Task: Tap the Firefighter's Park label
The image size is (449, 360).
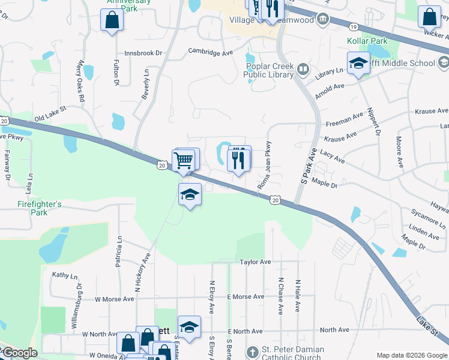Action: [x=38, y=208]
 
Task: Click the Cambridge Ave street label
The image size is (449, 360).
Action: [x=210, y=52]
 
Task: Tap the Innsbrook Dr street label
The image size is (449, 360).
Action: [x=143, y=53]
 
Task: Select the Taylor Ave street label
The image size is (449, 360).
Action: [x=256, y=262]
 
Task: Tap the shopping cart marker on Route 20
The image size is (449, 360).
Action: [x=183, y=160]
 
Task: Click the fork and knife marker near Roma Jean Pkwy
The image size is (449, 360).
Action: [x=238, y=159]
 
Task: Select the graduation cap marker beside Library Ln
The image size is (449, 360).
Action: [x=358, y=63]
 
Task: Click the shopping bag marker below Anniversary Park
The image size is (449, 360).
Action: [x=112, y=20]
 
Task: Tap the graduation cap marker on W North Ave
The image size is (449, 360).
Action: [x=189, y=327]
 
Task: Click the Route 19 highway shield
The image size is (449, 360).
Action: [x=354, y=27]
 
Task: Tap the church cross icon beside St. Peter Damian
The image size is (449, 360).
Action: [x=252, y=351]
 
